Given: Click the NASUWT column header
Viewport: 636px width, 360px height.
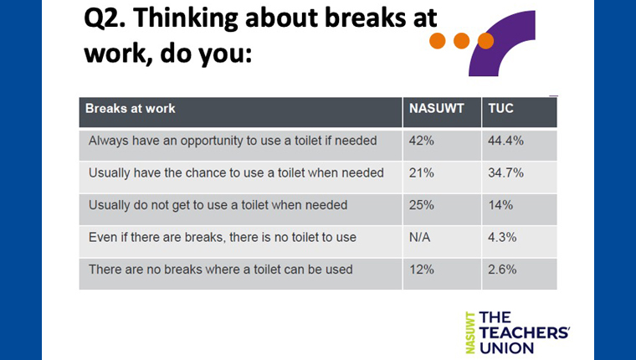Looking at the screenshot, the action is tap(437, 108).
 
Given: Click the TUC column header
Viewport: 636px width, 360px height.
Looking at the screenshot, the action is tap(501, 108).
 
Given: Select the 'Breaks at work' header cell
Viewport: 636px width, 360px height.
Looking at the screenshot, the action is tap(131, 108).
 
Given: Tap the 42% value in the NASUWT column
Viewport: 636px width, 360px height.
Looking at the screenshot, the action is tap(422, 141).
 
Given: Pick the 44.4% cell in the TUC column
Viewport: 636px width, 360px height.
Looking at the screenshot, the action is tap(505, 141).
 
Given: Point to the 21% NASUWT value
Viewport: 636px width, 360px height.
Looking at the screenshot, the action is tap(422, 173).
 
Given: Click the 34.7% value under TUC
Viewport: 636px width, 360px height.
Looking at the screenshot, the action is tap(505, 173).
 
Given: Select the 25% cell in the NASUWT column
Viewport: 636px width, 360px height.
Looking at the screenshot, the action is tap(422, 205).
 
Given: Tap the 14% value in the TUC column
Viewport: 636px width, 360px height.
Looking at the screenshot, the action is tap(500, 205).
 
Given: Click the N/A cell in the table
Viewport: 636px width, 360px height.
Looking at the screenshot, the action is tap(420, 238).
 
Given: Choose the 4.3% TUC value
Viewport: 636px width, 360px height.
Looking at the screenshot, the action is tap(502, 238).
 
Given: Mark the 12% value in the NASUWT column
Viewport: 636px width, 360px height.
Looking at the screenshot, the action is tap(422, 270).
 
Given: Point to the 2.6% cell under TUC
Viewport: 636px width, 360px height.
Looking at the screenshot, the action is tap(502, 270).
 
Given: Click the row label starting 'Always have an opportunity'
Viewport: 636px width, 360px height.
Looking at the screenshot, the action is tap(233, 141).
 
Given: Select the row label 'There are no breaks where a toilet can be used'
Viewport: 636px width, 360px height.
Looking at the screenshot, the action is tap(221, 270).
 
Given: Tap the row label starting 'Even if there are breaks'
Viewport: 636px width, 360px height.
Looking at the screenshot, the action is tap(223, 238).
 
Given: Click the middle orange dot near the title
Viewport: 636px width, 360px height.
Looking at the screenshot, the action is tap(462, 41).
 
